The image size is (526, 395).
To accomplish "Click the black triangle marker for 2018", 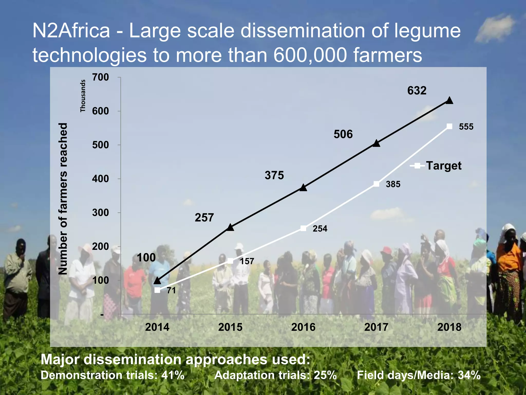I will coord(449,101).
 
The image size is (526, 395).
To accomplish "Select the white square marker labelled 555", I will coord(449,126).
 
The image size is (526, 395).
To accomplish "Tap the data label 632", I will coord(417,91).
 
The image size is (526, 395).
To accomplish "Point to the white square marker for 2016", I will coord(303,228).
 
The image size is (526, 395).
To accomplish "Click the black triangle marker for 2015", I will coord(230,227).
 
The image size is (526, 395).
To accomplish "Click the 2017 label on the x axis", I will coord(376,327).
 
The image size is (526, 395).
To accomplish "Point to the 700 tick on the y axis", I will coord(100,77).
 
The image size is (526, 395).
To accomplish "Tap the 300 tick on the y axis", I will coord(100,213).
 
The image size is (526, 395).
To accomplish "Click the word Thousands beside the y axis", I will coord(83,96).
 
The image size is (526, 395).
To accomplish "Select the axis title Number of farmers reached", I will coord(63,199).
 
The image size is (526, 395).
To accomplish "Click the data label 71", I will coord(171,290).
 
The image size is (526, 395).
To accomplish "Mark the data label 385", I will coord(393,184).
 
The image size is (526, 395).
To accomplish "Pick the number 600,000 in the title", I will coord(310,55).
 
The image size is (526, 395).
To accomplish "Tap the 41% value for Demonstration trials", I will coord(173,375).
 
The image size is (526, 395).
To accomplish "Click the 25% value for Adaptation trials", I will coord(325,375).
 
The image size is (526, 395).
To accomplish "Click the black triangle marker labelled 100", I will coord(157,280).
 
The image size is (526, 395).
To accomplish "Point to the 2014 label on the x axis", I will coord(157,327).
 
